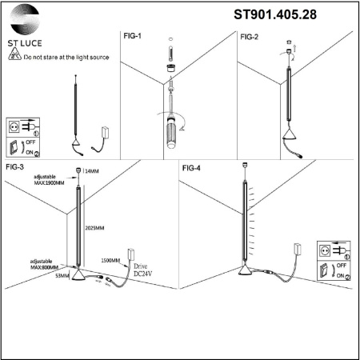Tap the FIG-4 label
click(x=191, y=168)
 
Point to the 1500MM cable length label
click(x=111, y=261)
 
